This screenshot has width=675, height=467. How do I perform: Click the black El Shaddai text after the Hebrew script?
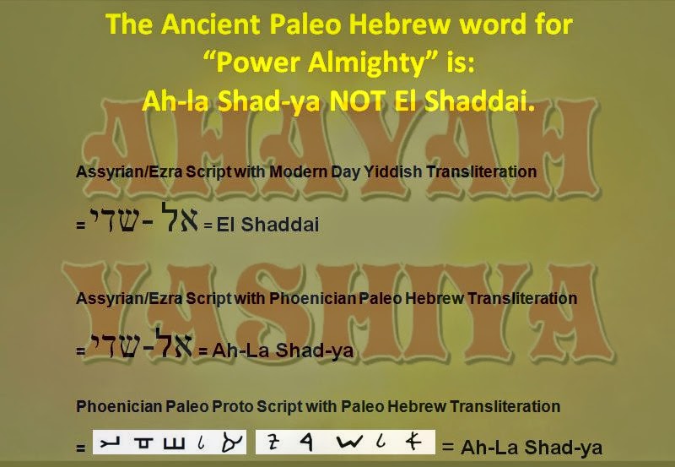[x=267, y=225]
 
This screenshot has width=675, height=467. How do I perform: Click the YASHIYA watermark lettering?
[x=337, y=279]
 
